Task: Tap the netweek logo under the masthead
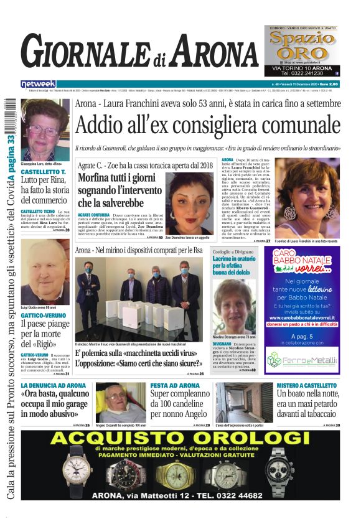[39, 83]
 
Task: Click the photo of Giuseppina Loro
[45, 128]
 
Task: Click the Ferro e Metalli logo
[302, 359]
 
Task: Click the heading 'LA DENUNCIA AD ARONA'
[54, 386]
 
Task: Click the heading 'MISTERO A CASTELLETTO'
[308, 386]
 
